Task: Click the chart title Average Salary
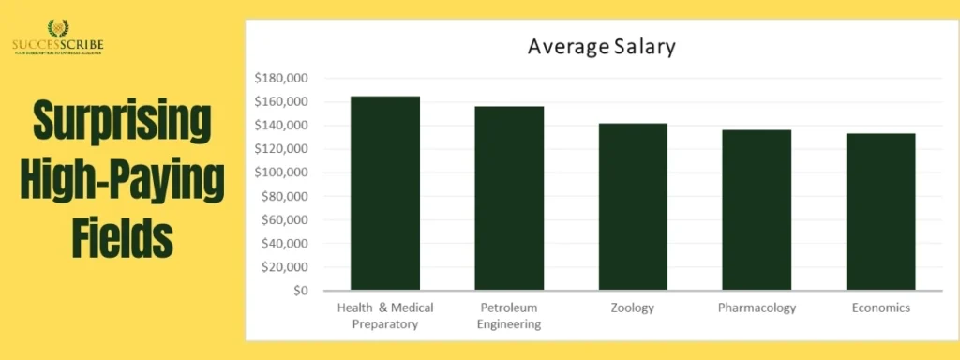[601, 46]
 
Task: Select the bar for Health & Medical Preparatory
[385, 193]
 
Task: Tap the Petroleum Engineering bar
[509, 198]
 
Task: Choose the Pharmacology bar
[757, 209]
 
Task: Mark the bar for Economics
[880, 211]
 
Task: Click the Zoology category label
[633, 307]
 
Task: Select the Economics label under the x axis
[880, 307]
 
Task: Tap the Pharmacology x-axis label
[757, 307]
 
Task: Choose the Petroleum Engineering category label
[509, 316]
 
